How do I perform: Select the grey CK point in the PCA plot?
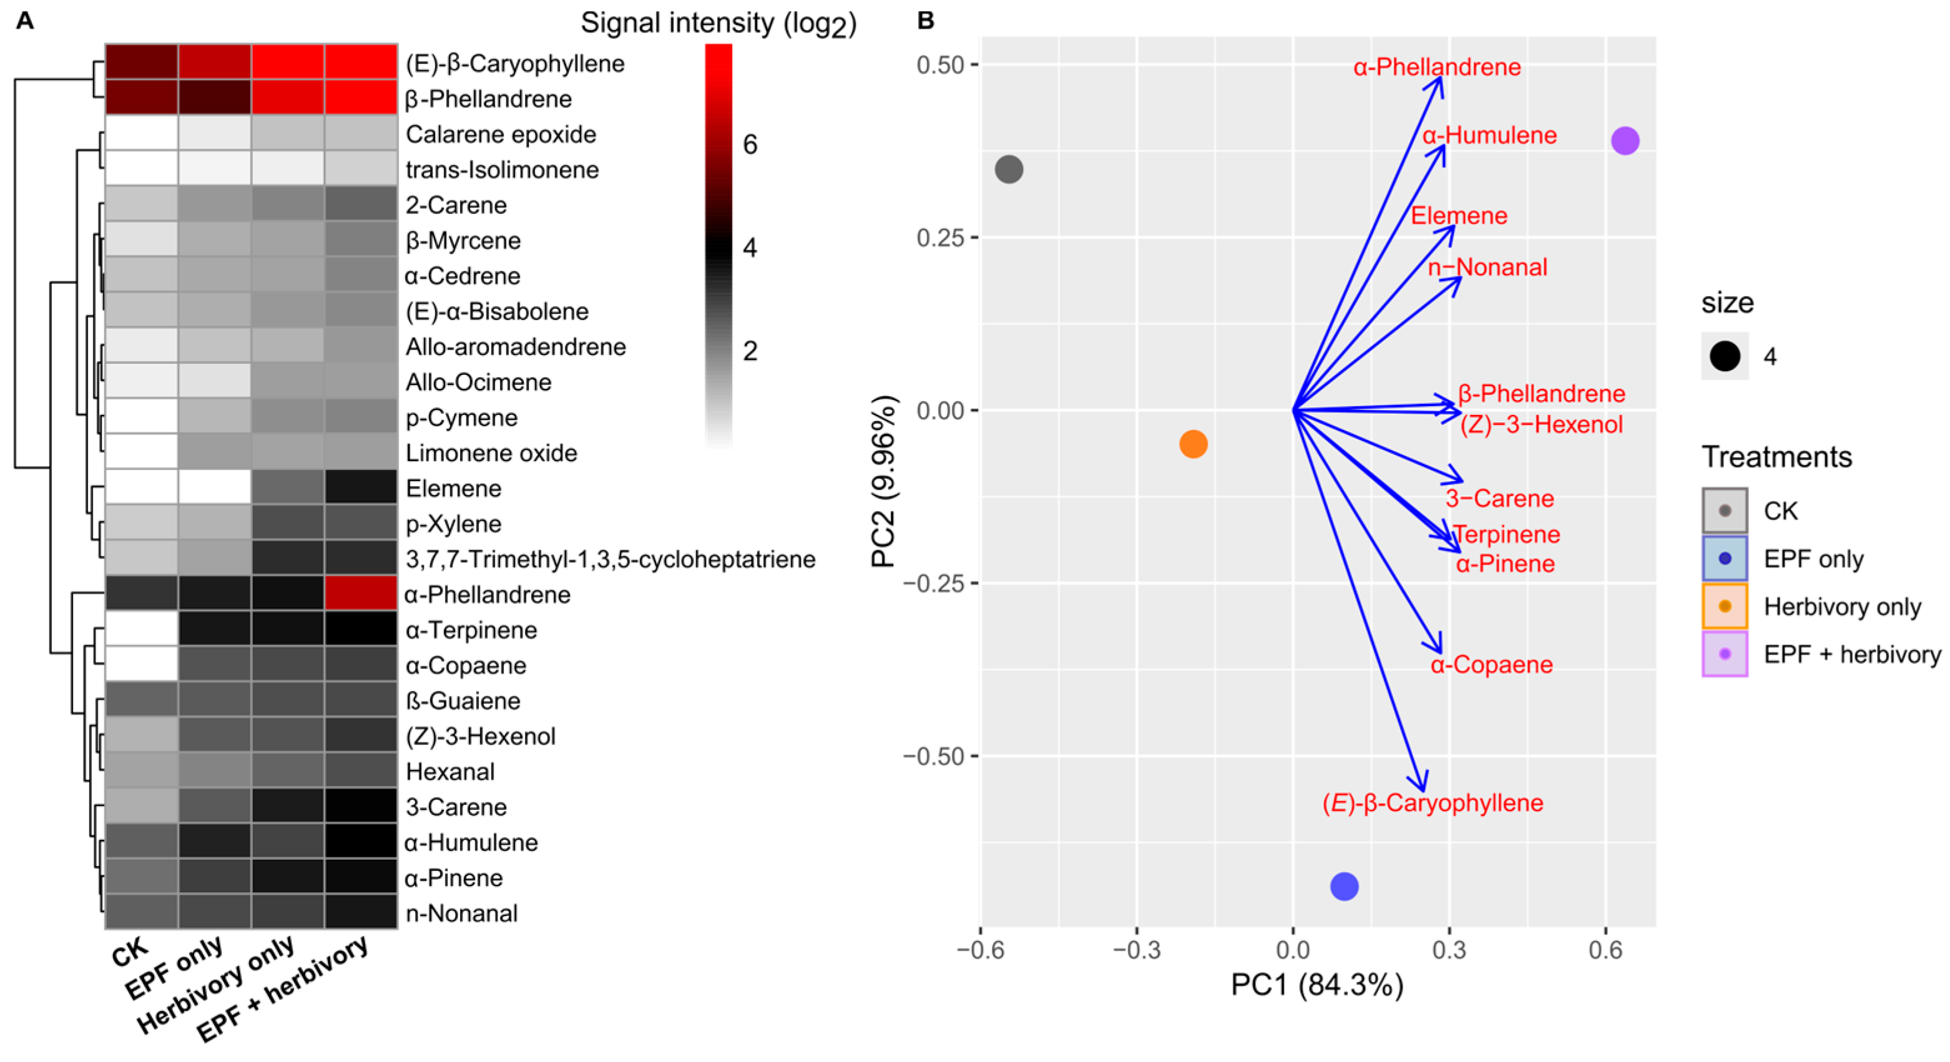(x=1008, y=169)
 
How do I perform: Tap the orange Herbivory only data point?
(x=1193, y=444)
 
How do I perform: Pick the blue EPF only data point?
(x=1344, y=885)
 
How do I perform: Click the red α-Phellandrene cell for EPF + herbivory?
(x=360, y=594)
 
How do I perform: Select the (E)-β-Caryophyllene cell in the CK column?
(x=142, y=62)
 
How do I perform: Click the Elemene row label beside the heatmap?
(x=453, y=488)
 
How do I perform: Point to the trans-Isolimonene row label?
(x=502, y=170)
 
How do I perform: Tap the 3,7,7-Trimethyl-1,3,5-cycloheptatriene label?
(x=610, y=559)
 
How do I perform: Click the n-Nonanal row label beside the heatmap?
(x=462, y=913)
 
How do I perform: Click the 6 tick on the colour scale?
(x=750, y=144)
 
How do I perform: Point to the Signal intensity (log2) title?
(x=718, y=24)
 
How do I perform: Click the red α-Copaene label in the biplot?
(x=1491, y=665)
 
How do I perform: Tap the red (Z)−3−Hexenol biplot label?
(x=1541, y=425)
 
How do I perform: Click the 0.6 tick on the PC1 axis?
(x=1605, y=949)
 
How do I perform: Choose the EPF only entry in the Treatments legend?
(x=1813, y=558)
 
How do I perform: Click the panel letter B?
(x=925, y=21)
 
